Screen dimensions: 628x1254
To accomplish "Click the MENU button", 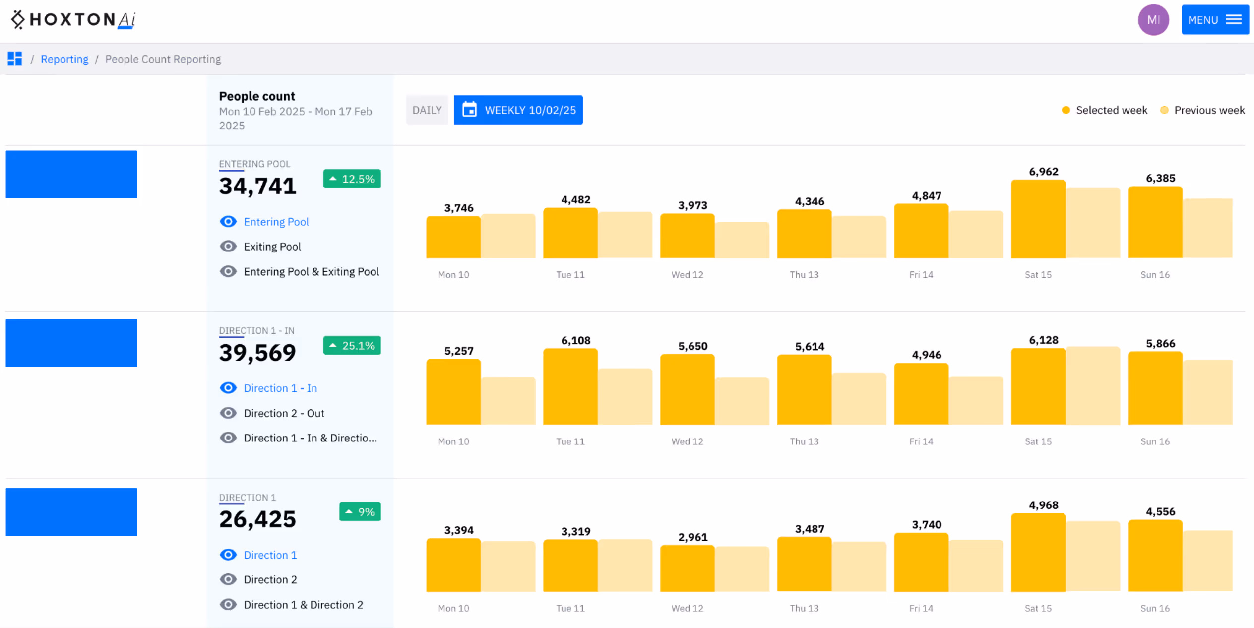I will click(1214, 20).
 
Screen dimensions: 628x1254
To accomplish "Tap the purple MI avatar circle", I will click(1153, 20).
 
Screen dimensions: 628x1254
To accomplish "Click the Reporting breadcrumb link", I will click(64, 59).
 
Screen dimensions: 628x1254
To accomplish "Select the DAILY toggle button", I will click(427, 110).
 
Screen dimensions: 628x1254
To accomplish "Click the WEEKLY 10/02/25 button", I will click(518, 110).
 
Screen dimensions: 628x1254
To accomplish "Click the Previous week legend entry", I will click(1202, 110).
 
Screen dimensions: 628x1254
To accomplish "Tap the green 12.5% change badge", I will click(352, 179).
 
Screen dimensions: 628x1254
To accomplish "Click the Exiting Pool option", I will click(272, 247).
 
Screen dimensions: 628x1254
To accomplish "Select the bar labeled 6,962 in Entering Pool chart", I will click(1038, 219).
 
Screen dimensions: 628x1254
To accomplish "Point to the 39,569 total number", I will click(257, 353).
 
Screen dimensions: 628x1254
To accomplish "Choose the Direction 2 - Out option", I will click(284, 413).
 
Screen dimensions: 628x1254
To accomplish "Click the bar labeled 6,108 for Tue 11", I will click(570, 387).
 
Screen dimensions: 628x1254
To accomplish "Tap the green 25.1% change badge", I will click(352, 346).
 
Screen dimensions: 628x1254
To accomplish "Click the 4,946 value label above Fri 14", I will click(926, 355).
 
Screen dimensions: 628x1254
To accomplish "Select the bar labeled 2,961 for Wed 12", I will click(687, 568).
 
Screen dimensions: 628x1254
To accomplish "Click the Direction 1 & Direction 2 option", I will click(303, 605).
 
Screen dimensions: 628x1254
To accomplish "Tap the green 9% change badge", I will click(360, 512).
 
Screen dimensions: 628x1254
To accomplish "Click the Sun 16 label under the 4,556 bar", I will click(1154, 608).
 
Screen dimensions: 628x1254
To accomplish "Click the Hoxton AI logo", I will click(73, 20).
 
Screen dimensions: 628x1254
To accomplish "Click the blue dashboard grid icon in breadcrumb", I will click(15, 59).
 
